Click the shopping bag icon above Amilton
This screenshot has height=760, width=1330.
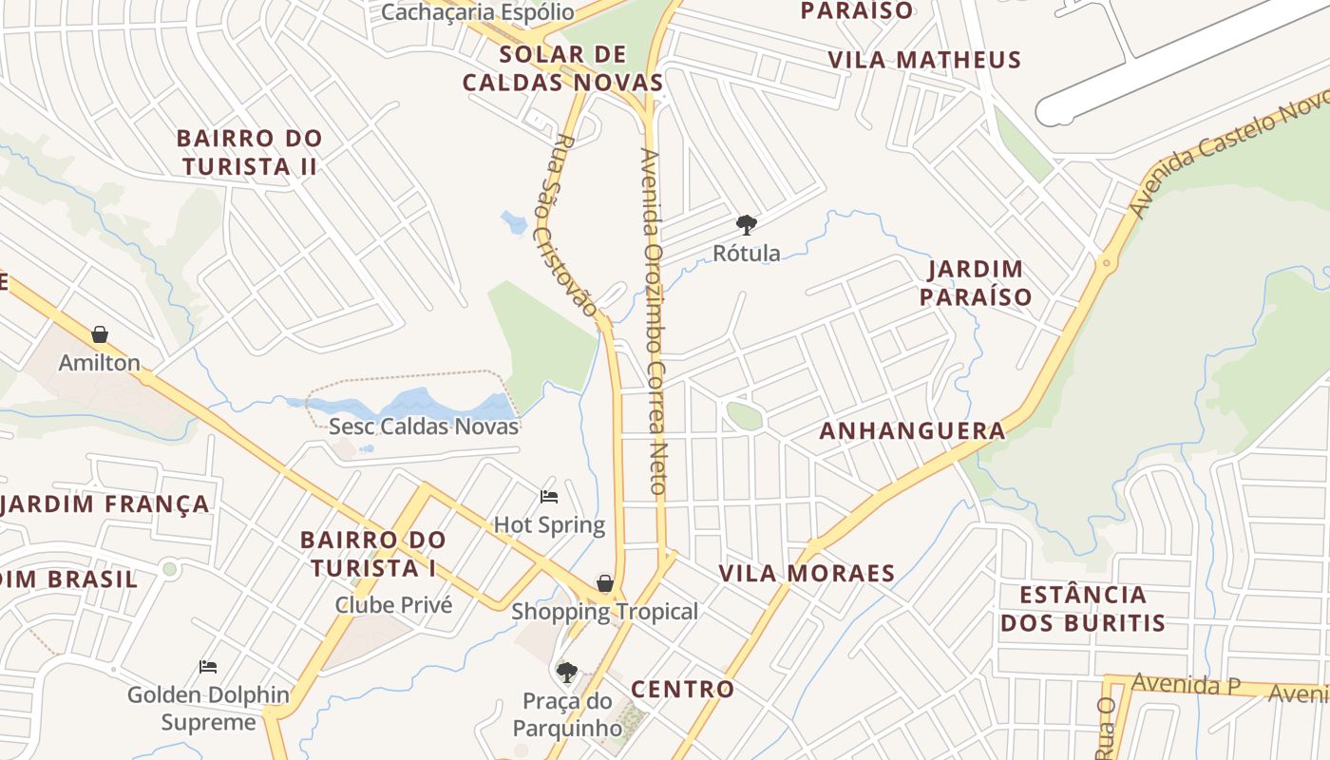point(99,334)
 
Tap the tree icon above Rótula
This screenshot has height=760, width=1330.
point(747,225)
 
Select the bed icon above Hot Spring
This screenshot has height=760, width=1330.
point(549,496)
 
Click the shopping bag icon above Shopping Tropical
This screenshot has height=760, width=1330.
point(605,583)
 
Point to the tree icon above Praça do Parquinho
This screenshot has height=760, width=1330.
point(567,673)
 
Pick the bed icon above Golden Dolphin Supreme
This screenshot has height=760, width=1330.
point(208,666)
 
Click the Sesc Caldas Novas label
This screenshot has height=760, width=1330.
point(424,426)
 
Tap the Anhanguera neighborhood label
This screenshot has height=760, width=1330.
point(912,430)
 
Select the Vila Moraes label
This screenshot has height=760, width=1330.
point(807,573)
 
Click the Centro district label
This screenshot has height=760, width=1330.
point(682,689)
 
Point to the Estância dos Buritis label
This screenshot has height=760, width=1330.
point(1082,609)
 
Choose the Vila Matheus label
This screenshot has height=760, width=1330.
point(923,60)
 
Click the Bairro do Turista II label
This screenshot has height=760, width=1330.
point(250,152)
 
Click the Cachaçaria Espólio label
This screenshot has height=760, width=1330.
point(477,11)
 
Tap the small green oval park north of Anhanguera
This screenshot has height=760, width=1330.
point(745,415)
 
